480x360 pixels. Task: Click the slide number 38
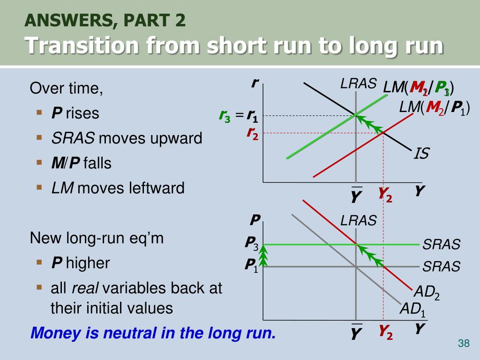[x=464, y=344]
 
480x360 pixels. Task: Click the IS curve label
[x=421, y=153]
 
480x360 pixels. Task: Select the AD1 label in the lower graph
[x=412, y=309]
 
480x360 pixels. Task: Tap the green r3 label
[x=225, y=115]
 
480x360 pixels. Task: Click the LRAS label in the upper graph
[x=359, y=84]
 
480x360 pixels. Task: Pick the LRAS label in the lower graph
[x=359, y=221]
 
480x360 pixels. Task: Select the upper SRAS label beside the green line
[x=442, y=245]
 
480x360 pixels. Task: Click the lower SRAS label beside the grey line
[x=442, y=267]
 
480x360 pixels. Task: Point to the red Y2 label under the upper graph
[x=385, y=194]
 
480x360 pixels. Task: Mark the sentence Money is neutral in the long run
[x=153, y=333]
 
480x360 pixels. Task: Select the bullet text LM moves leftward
[x=118, y=188]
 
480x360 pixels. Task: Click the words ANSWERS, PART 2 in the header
[x=105, y=20]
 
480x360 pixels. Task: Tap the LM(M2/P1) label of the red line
[x=434, y=108]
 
